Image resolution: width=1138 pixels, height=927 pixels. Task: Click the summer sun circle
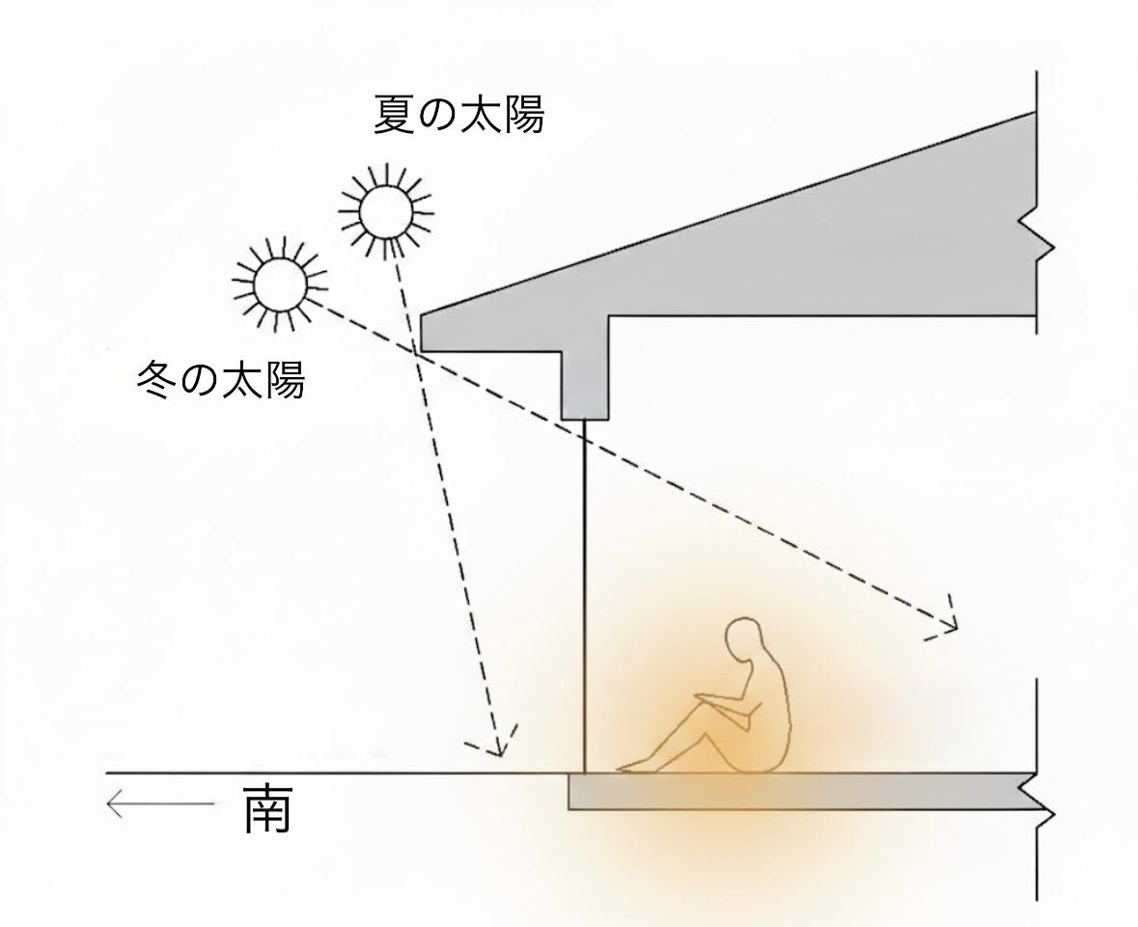coord(386,212)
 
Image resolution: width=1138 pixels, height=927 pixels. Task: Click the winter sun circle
coord(279,284)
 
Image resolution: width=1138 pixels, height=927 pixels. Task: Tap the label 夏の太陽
coord(458,115)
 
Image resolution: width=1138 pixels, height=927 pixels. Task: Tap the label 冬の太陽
coord(221,379)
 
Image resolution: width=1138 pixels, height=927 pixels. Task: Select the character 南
coord(267,807)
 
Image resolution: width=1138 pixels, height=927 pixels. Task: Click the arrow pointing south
coord(160,804)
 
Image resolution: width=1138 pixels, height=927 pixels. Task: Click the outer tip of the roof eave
coord(422,314)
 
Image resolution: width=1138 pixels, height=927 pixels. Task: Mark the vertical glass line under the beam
coord(584,596)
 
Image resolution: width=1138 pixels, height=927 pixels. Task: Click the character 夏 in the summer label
coord(394,115)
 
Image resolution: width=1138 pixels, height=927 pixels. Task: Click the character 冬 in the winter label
coord(156,379)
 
